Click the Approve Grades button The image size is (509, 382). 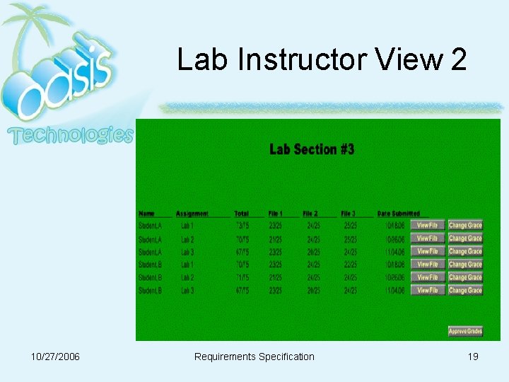click(465, 331)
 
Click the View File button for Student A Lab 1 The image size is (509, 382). click(427, 226)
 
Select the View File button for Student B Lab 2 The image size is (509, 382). click(427, 277)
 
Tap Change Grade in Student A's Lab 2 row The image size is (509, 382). click(465, 239)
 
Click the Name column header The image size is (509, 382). click(146, 214)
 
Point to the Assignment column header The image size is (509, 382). click(192, 214)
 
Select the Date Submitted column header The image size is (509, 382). click(399, 214)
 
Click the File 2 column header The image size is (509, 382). click(310, 214)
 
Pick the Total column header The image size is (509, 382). click(242, 214)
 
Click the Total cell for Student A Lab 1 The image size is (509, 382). click(242, 226)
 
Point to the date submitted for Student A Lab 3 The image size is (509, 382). click(394, 252)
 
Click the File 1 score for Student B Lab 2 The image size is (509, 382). click(276, 277)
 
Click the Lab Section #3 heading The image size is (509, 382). click(312, 149)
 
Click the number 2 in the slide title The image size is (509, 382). click(458, 60)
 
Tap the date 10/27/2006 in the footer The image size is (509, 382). click(56, 357)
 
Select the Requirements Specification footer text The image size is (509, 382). click(254, 357)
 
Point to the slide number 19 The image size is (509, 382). click(473, 357)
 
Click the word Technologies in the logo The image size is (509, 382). click(71, 134)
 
